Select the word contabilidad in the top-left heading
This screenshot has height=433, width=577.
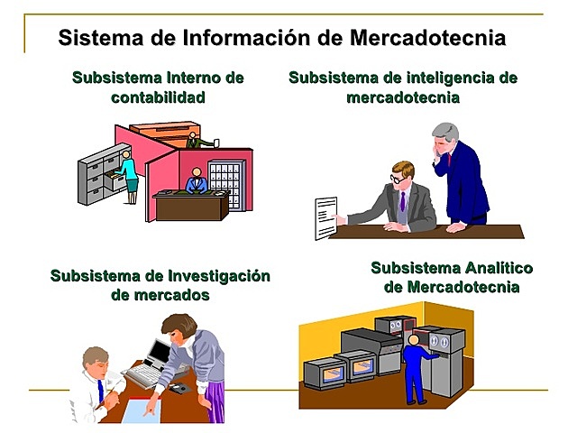(158, 97)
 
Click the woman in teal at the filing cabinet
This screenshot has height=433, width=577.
(129, 176)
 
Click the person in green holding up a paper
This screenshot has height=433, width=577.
(193, 140)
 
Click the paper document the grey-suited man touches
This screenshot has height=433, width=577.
(325, 217)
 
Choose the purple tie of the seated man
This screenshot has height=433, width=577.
(402, 202)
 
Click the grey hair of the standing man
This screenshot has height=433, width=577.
(446, 132)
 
